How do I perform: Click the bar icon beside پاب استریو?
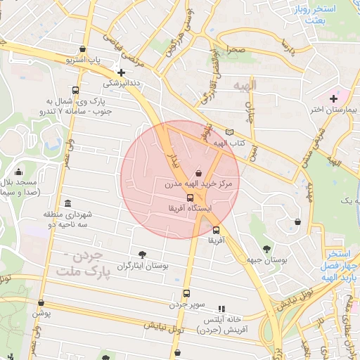[84, 49]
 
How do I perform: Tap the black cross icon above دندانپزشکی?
[122, 72]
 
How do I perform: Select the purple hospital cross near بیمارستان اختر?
[333, 98]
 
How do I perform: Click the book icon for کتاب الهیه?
[229, 132]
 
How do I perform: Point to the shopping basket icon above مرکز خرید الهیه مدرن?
[198, 172]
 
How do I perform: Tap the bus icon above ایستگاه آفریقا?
[190, 198]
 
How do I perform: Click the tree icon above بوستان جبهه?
[266, 248]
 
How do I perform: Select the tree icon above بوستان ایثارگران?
[143, 254]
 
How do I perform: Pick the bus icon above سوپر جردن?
[186, 294]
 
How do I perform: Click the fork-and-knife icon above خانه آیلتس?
[221, 308]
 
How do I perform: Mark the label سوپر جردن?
[186, 305]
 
